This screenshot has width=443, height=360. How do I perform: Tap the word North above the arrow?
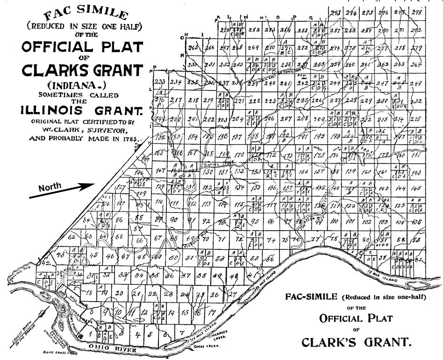click(50, 187)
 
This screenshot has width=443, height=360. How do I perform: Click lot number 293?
click(334, 13)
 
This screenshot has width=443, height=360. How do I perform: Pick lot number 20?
click(119, 293)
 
